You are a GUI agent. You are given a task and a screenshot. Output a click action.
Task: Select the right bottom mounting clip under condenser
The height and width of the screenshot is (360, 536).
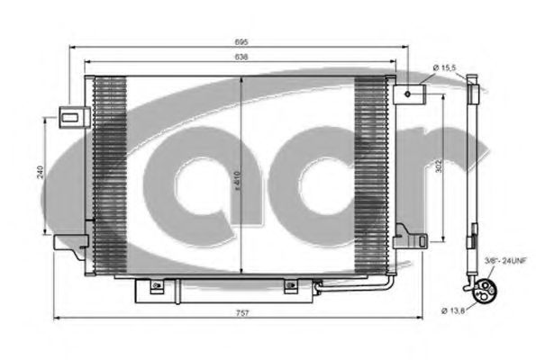pyautogui.click(x=290, y=287)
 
